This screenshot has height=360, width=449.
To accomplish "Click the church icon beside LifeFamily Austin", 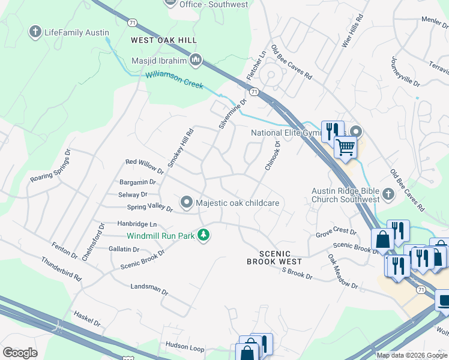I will (35, 32).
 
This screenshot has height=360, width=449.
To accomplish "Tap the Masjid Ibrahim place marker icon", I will (196, 60).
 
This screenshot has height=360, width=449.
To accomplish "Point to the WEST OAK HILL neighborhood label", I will (164, 40).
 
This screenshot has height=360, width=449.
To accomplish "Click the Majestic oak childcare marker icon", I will (187, 203).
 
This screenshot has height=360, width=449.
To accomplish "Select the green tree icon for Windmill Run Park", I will (204, 235).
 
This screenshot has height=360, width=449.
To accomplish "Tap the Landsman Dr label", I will (149, 288).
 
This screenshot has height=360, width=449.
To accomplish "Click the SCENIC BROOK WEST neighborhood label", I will (277, 257).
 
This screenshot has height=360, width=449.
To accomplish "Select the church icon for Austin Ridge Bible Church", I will (388, 193).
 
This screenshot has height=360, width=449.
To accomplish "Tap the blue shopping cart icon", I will (345, 146).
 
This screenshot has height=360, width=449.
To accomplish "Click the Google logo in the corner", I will (20, 353).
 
